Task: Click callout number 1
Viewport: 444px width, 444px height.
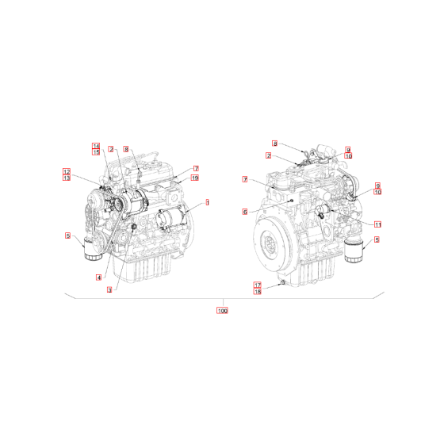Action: tap(208, 203)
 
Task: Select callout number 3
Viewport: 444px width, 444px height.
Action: tap(109, 290)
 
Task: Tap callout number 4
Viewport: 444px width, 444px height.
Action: tap(98, 277)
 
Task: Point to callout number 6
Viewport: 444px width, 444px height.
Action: tap(245, 212)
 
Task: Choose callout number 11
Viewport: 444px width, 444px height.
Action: tap(378, 224)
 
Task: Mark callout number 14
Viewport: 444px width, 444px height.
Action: tap(96, 145)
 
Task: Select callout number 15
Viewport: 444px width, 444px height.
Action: tap(96, 151)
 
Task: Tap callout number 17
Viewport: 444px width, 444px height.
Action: tap(257, 285)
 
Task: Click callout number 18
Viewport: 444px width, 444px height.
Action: tap(257, 292)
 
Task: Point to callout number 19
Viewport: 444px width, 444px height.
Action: tap(194, 178)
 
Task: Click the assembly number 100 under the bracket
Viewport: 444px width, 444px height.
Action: tap(222, 311)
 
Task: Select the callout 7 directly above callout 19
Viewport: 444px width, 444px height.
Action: tap(194, 168)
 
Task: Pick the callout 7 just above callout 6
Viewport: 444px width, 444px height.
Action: tap(245, 180)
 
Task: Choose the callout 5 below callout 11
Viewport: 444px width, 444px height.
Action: tap(377, 239)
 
